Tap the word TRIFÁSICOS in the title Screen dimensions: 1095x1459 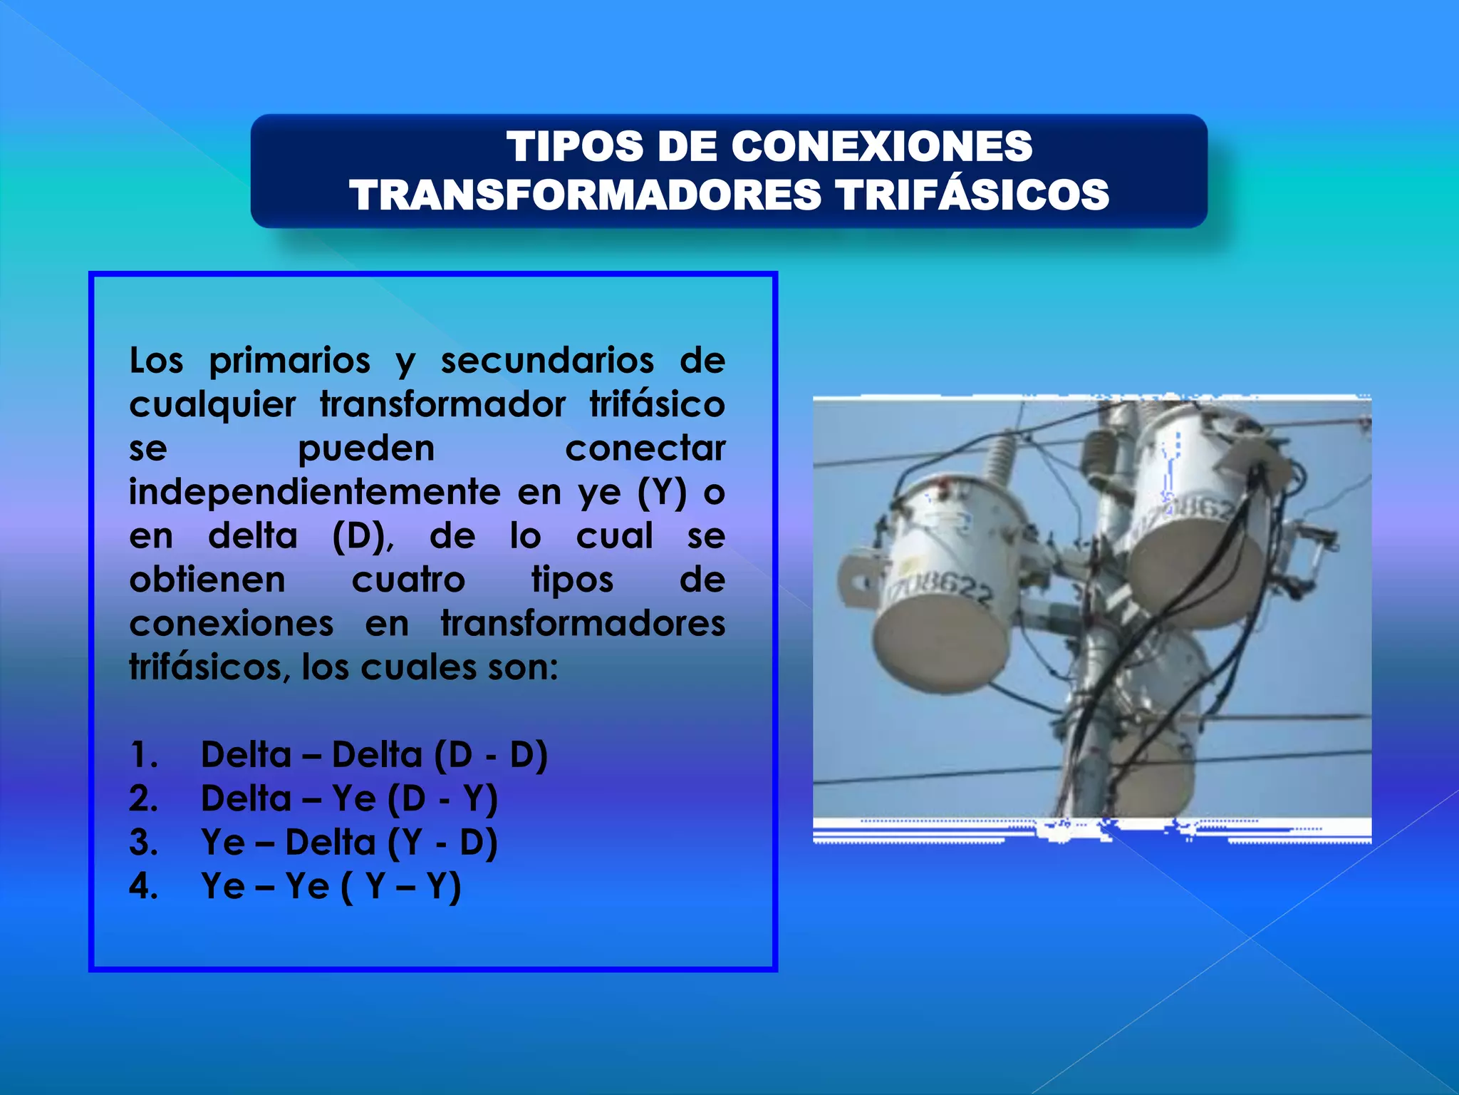(972, 195)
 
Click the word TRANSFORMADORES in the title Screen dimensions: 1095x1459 (585, 195)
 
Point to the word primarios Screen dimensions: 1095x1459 (289, 361)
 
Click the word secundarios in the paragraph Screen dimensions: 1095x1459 (547, 360)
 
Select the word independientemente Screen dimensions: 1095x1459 (314, 493)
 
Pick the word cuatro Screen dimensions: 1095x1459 (408, 580)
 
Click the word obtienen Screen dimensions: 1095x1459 (207, 580)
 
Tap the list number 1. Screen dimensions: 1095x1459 (143, 755)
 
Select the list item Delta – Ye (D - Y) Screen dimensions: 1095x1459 (349, 798)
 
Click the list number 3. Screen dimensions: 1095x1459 (143, 843)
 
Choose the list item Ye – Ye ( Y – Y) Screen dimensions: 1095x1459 (331, 887)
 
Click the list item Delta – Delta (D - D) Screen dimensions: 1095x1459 (374, 755)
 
